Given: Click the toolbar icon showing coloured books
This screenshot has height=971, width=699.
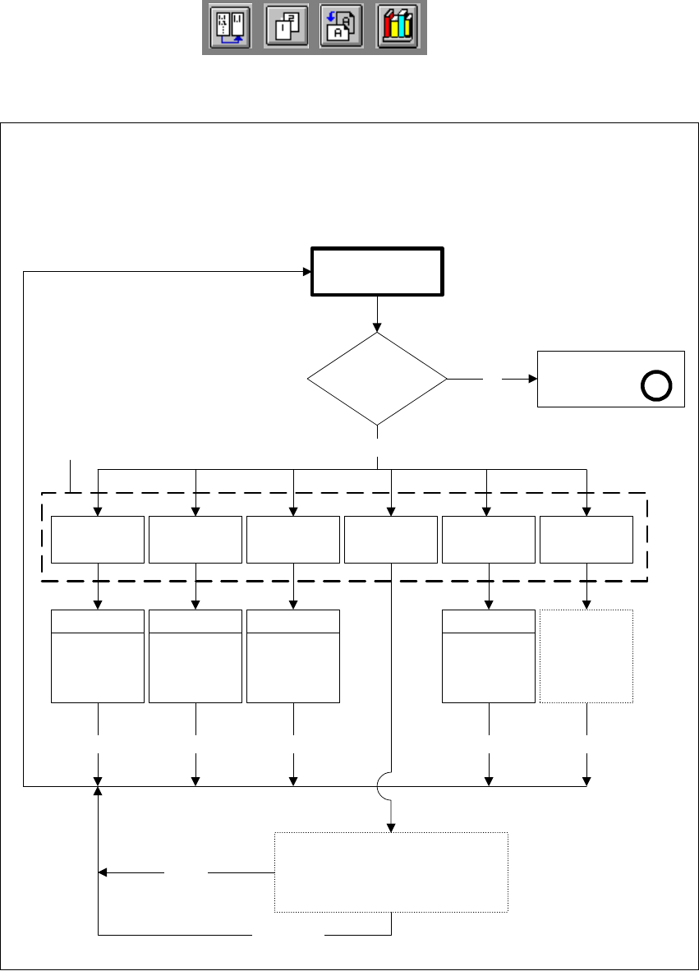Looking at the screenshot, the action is [x=398, y=29].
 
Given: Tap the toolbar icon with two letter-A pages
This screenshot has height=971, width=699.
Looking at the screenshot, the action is [x=342, y=29].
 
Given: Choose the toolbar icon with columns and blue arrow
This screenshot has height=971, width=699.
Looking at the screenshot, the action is [x=230, y=29].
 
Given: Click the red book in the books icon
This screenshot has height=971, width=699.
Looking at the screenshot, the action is [x=389, y=30].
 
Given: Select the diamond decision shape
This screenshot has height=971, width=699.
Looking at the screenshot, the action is [x=377, y=379].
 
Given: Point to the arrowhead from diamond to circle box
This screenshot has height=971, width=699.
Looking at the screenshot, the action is [x=531, y=379].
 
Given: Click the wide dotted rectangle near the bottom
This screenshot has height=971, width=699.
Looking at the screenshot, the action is [x=391, y=872].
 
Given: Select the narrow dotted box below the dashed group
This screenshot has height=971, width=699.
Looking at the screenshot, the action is [x=586, y=656].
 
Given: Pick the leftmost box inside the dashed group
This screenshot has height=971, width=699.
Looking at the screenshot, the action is [x=98, y=539].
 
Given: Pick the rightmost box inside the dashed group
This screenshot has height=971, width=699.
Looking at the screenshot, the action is [x=586, y=539].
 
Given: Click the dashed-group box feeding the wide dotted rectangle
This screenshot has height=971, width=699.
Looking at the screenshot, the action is [x=391, y=539].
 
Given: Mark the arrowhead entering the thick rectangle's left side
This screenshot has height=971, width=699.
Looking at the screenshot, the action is [x=305, y=272].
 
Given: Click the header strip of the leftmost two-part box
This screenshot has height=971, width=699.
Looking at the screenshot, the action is [x=98, y=622].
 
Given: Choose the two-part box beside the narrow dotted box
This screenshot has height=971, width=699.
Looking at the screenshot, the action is [x=489, y=656].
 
